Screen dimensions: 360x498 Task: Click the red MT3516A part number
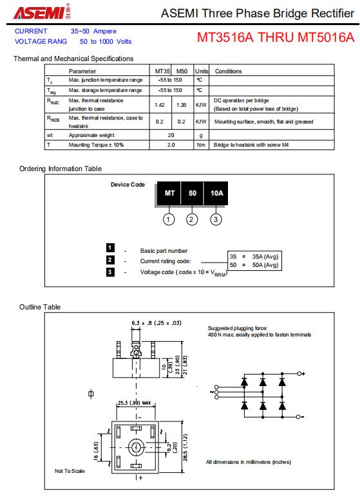[225, 37]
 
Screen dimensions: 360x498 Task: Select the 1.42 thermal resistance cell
[160, 105]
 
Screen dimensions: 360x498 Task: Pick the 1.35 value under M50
[181, 105]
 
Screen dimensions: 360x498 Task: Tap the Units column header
[202, 71]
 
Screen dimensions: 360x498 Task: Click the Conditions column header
[229, 71]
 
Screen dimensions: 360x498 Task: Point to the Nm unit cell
[201, 145]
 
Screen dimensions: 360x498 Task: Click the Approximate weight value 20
[171, 135]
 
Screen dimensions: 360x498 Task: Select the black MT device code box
[169, 193]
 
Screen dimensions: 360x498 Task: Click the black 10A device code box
[216, 193]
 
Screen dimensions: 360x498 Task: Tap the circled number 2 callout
[191, 219]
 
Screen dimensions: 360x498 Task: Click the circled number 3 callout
[216, 219]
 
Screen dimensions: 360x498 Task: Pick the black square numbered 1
[110, 248]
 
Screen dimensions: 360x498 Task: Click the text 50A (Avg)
[265, 265]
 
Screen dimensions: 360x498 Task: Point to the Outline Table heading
[40, 307]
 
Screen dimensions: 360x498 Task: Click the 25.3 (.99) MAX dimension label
[135, 403]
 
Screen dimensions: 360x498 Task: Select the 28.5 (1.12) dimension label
[185, 447]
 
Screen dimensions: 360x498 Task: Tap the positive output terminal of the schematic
[299, 373]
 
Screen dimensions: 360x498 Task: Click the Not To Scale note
[70, 471]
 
